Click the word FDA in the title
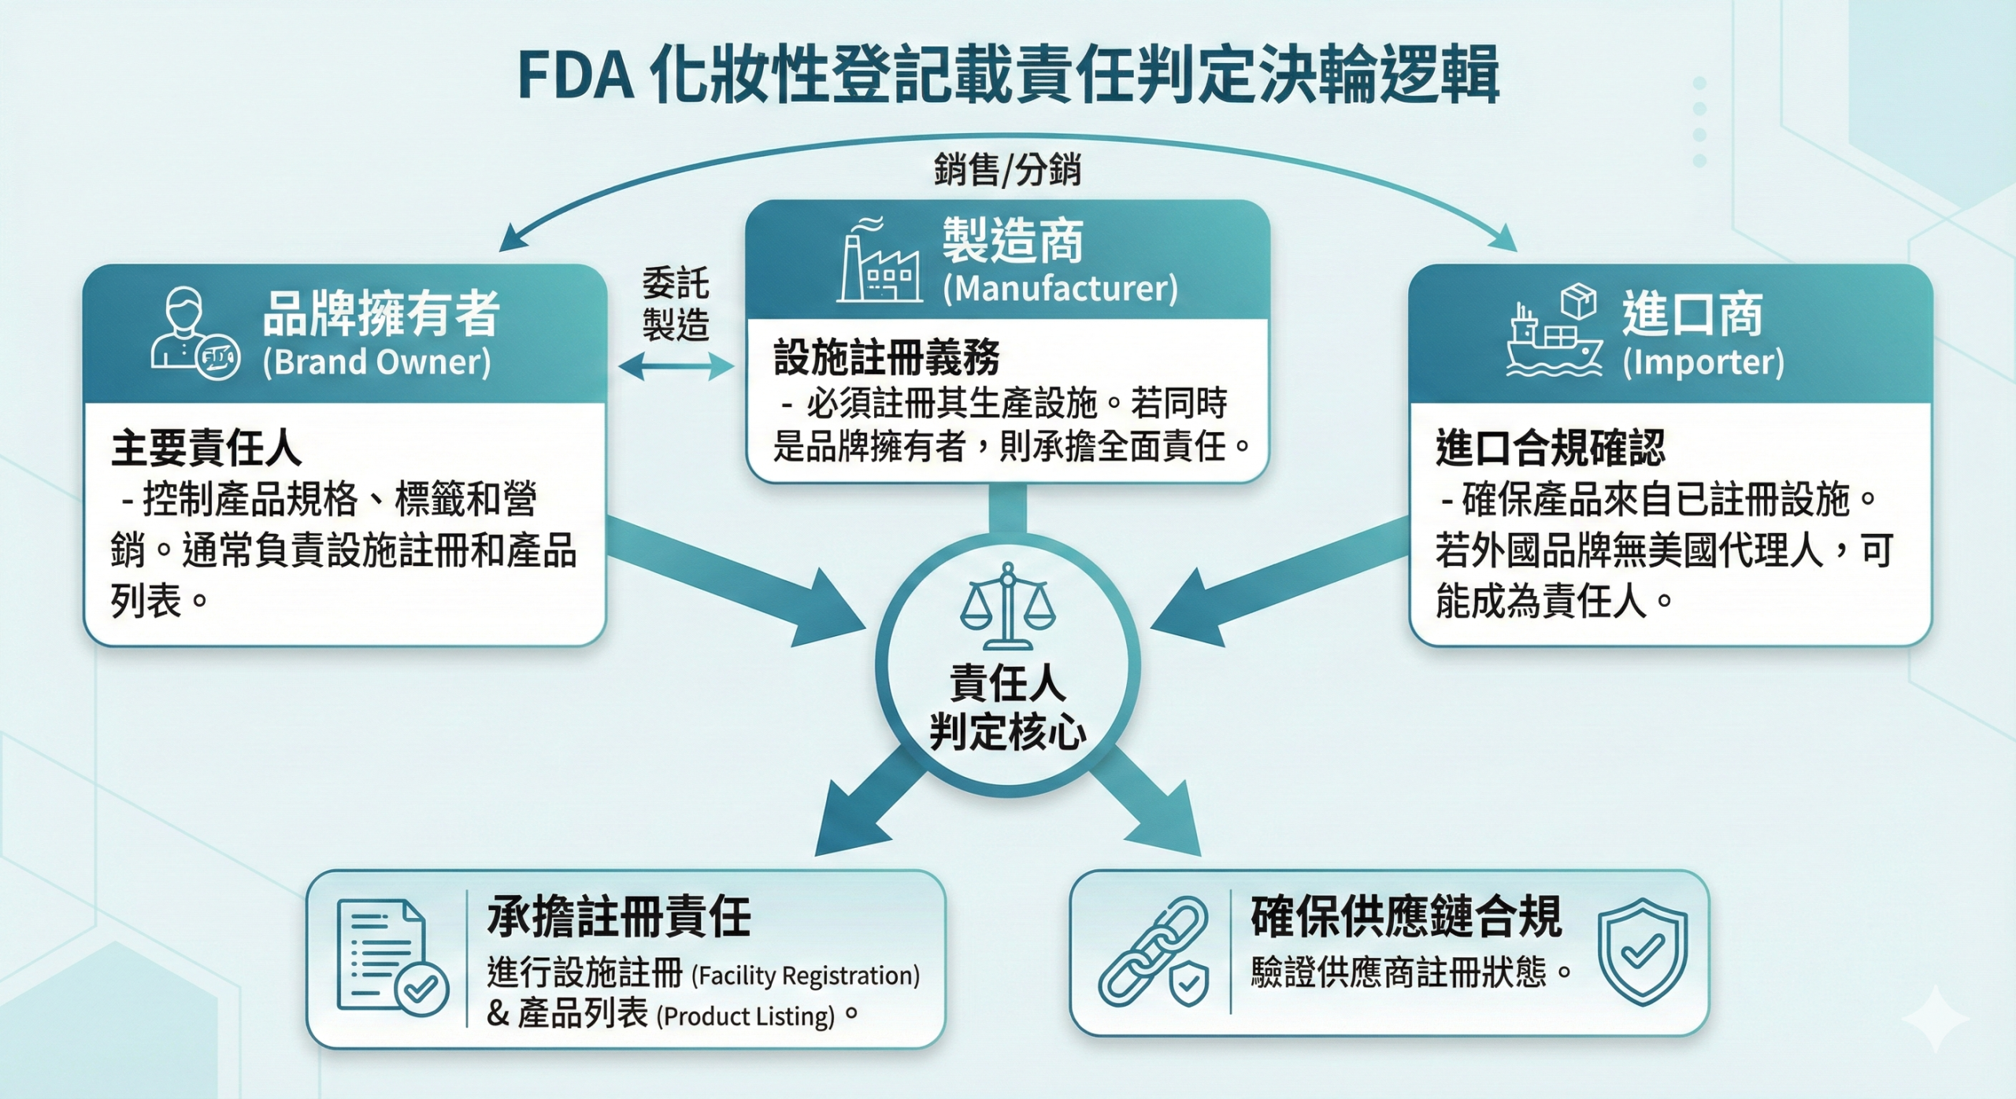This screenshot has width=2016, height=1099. coord(576,76)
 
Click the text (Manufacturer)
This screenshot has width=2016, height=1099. coord(1060,288)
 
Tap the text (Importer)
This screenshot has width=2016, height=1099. coord(1703,362)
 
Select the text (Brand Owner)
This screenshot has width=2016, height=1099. coord(376,362)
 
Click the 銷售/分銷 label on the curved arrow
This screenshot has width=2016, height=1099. coord(1007,169)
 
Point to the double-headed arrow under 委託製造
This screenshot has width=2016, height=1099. coord(676,366)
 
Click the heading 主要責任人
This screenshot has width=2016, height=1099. coord(206,448)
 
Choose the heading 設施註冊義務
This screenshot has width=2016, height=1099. coord(887,357)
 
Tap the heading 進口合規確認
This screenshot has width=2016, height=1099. coord(1550,448)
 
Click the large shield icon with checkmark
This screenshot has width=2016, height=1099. coord(1642,952)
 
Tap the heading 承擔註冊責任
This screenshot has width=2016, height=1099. coord(619,917)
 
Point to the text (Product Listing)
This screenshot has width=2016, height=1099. coord(748,1016)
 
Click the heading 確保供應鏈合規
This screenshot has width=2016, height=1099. coord(1406,917)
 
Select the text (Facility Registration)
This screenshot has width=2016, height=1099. coord(806,975)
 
